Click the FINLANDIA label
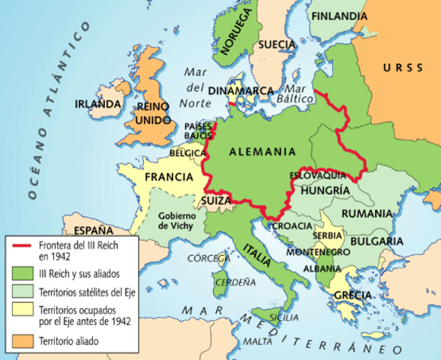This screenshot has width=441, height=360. coord(339,16)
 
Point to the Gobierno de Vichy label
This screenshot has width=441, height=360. coord(176,221)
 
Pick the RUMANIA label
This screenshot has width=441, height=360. coord(367,214)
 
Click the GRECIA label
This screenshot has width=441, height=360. coord(352,295)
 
